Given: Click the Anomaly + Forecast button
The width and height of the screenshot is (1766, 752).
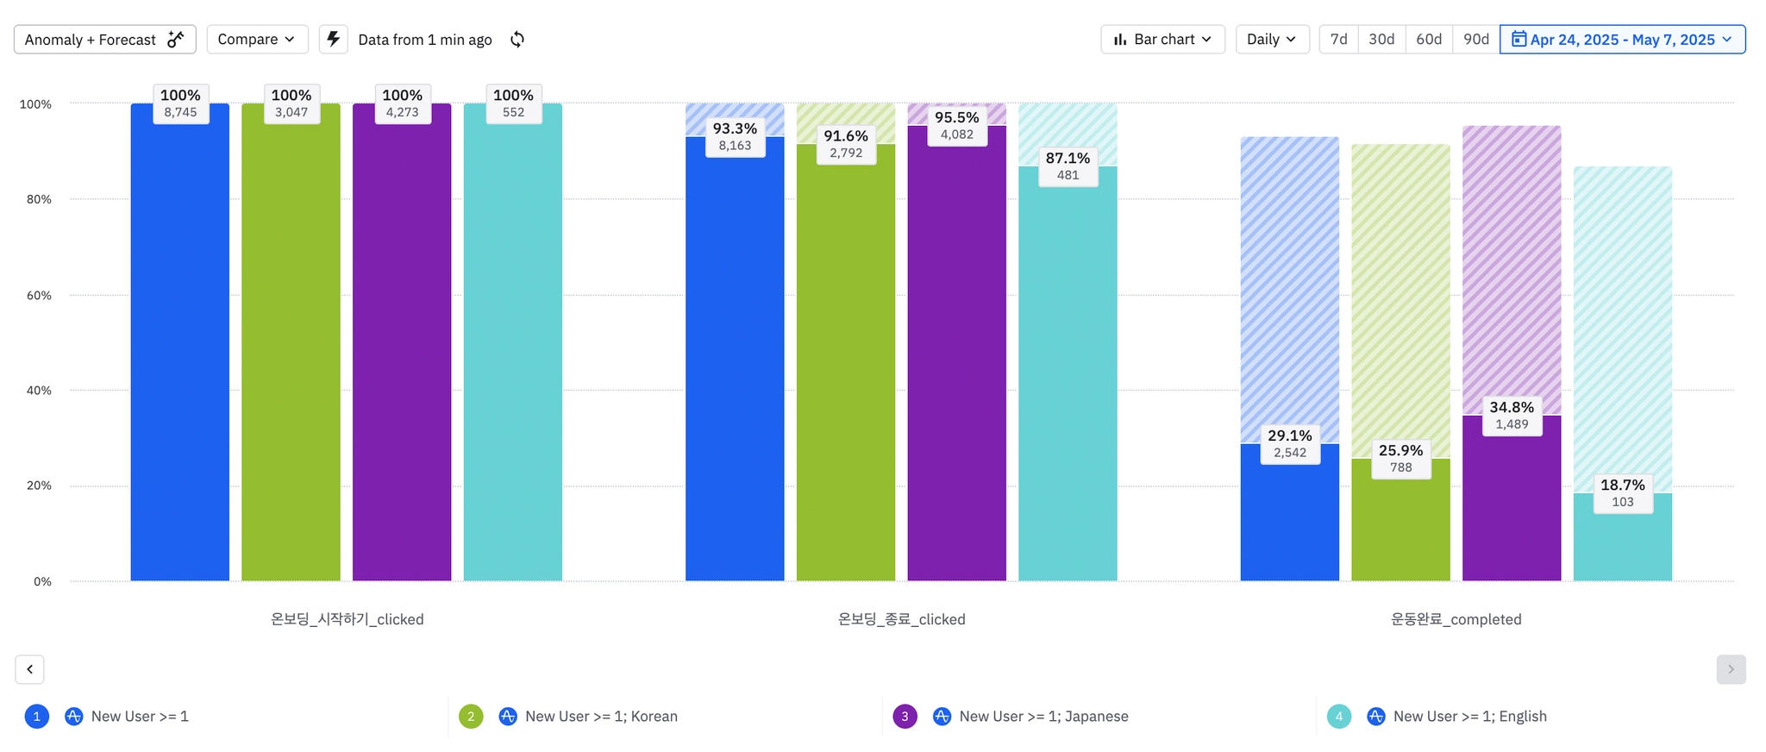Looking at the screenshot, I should (x=104, y=40).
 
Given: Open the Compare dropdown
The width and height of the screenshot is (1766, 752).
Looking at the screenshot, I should (x=257, y=40).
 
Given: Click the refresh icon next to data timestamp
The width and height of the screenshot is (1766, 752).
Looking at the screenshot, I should (x=517, y=40).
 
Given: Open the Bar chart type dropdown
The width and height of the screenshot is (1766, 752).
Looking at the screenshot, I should (x=1162, y=40).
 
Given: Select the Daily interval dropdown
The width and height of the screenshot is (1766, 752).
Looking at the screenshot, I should (x=1272, y=40).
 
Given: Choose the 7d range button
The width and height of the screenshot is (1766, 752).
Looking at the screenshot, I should (x=1338, y=40).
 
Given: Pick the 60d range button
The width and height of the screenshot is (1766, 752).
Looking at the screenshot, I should (x=1429, y=40).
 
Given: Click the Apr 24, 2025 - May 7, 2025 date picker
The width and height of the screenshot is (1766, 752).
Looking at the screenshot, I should (x=1622, y=40).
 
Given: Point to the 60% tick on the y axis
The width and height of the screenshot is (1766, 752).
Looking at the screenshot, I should (x=39, y=295).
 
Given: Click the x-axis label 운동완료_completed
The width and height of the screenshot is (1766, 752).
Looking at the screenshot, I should (x=1456, y=619).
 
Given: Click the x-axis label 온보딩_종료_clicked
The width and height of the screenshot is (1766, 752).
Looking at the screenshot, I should (x=901, y=619).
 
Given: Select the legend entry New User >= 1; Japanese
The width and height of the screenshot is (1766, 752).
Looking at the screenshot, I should (x=1043, y=717).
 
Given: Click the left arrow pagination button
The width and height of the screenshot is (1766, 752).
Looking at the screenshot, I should (x=29, y=669).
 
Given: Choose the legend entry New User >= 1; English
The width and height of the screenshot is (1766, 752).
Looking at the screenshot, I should (x=1469, y=717).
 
